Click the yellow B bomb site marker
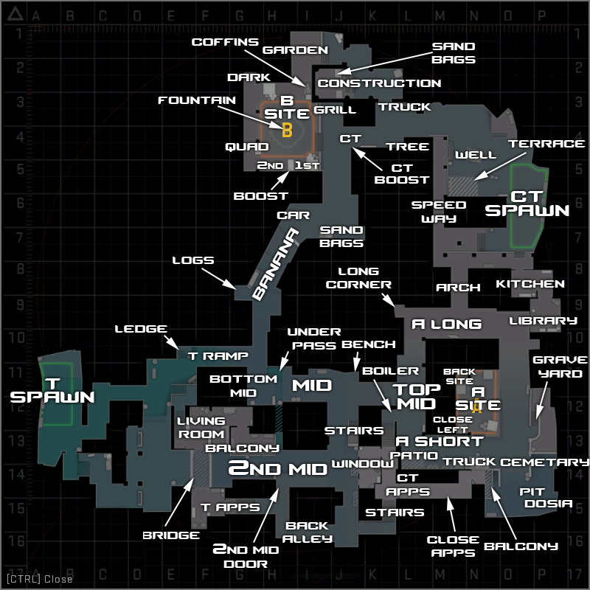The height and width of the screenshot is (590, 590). [287, 131]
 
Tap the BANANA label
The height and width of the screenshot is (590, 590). [275, 264]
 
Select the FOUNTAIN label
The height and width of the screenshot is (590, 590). [197, 100]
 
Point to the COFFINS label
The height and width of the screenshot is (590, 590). [225, 42]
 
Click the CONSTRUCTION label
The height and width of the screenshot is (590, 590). [379, 83]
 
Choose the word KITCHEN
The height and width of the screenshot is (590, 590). [530, 284]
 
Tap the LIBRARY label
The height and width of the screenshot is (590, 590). [543, 321]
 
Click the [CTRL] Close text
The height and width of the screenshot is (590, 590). [40, 579]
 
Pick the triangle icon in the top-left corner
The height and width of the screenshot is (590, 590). [15, 14]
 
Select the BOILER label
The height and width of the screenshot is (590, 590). [390, 371]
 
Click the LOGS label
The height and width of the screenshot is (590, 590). [193, 260]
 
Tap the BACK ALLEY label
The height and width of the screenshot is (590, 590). [308, 532]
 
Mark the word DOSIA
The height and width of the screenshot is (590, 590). [549, 504]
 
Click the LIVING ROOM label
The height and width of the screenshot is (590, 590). [201, 428]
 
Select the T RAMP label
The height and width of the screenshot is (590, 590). [218, 355]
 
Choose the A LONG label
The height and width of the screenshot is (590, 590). [447, 324]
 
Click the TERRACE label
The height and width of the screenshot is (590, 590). [546, 144]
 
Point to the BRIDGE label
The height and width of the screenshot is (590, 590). [171, 535]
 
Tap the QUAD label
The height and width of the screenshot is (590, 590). [247, 147]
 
